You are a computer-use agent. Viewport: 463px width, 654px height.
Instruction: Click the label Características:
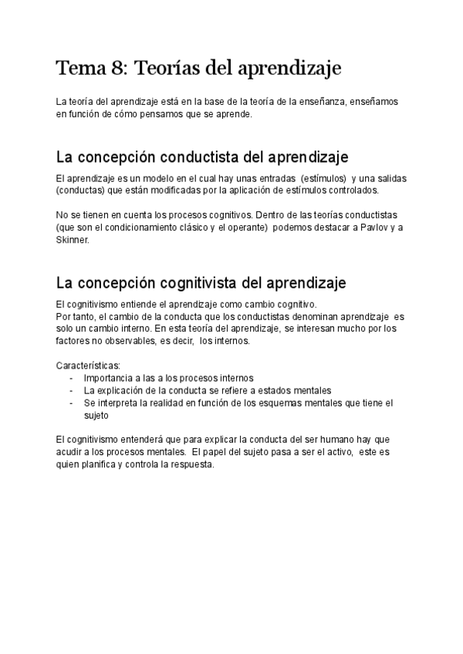(89, 364)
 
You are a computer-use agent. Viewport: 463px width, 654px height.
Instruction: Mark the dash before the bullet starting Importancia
(71, 378)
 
